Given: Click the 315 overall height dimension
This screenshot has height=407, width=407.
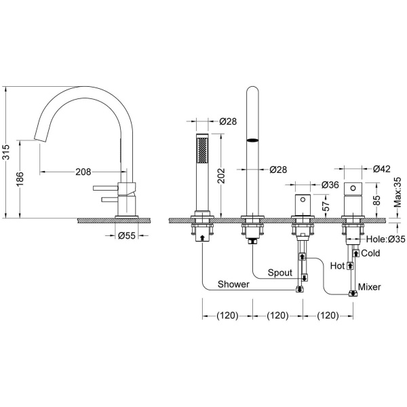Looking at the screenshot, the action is tap(6, 152).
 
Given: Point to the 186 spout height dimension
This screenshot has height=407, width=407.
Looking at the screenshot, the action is tap(20, 179).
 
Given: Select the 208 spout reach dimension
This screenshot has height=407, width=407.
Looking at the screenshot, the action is tap(83, 172).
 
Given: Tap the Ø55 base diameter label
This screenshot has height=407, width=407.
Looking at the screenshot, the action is tap(127, 235).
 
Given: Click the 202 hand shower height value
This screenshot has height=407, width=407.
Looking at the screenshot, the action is tap(221, 176).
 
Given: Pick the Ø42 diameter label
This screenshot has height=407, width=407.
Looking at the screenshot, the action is tap(381, 169).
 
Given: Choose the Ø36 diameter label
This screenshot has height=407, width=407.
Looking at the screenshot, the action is tap(330, 185).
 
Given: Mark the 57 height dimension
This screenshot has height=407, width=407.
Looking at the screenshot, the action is tap(326, 206).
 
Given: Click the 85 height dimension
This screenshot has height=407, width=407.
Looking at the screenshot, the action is tap(376, 199).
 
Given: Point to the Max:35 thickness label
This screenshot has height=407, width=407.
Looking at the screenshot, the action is tap(398, 192).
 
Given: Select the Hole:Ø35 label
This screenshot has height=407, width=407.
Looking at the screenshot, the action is tap(385, 239).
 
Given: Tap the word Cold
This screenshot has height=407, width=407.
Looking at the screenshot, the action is tap(370, 253).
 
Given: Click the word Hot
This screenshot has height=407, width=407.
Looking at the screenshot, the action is tap(337, 266).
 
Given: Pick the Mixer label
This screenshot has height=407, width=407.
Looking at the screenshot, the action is tap(370, 287).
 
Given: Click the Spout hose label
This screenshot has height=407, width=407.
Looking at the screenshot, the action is tap(279, 273).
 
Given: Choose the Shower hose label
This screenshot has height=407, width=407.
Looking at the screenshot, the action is tap(233, 284).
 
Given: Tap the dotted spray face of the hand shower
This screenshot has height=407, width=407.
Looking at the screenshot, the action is tap(202, 151).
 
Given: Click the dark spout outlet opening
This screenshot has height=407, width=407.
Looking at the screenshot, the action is tap(252, 140).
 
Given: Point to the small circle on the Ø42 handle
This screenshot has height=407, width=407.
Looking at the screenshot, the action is tap(353, 187).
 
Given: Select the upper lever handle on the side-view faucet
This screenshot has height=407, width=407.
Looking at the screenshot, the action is tap(106, 188).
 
